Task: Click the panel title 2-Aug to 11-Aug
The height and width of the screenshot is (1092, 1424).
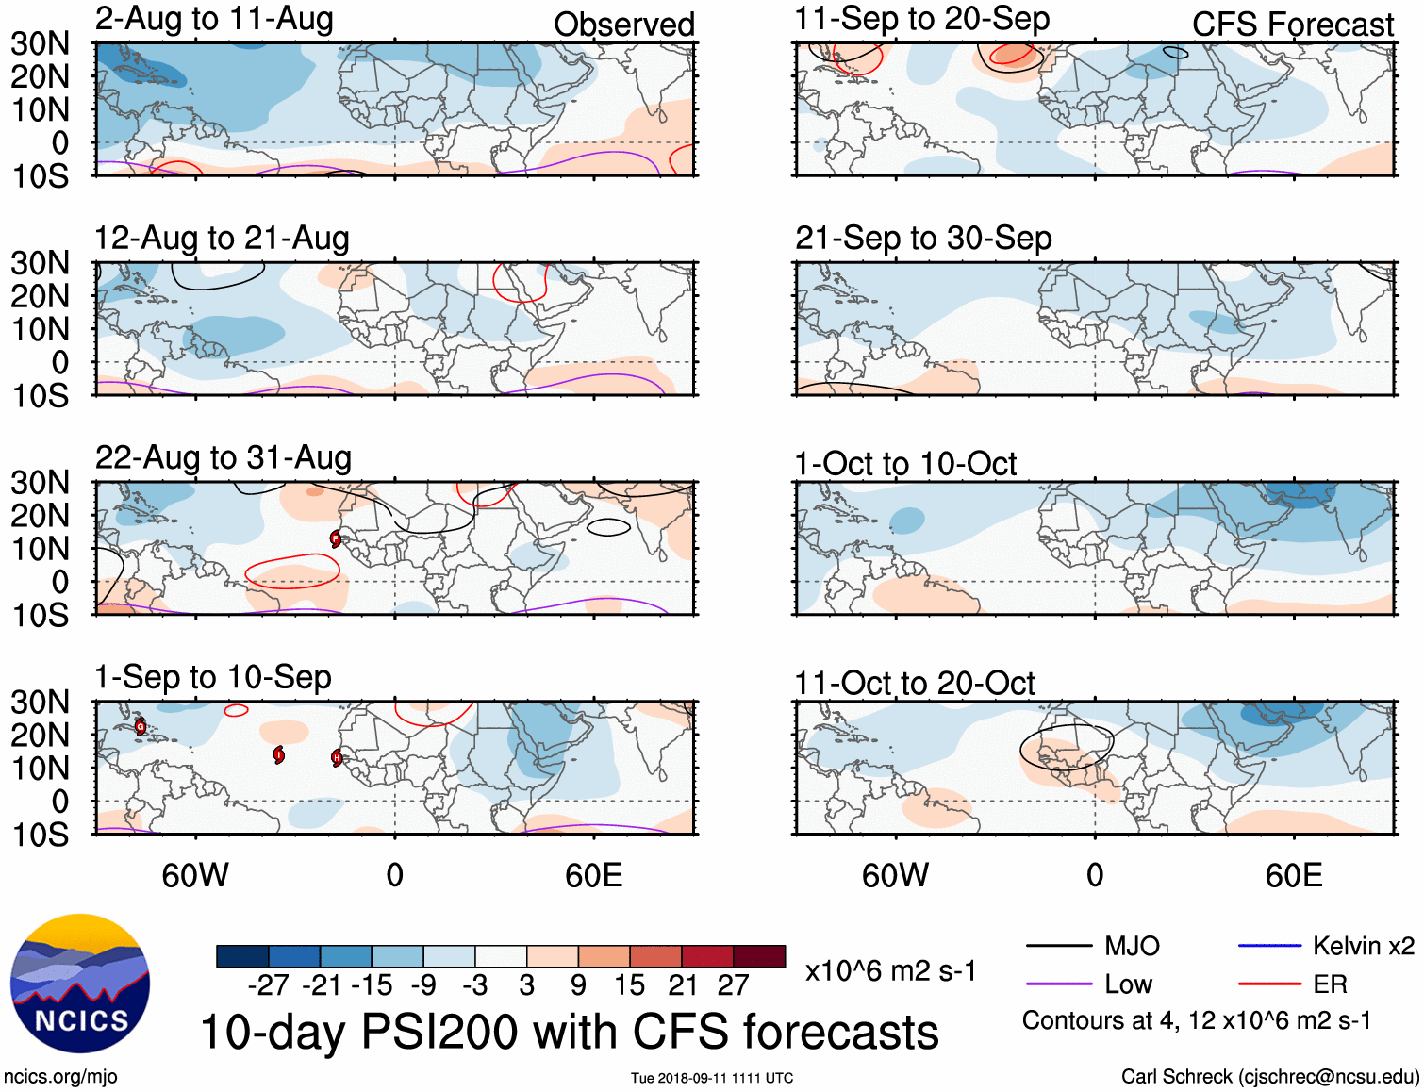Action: (x=214, y=19)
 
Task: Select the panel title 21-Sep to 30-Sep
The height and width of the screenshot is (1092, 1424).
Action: (x=923, y=239)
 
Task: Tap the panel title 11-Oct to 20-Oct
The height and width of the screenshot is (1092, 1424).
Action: (x=915, y=683)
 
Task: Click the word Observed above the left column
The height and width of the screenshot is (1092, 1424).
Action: (x=623, y=25)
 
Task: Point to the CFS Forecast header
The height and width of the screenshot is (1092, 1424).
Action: (x=1292, y=25)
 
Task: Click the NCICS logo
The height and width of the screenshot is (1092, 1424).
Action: (x=80, y=984)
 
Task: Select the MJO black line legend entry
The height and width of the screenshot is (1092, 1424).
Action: (x=1093, y=946)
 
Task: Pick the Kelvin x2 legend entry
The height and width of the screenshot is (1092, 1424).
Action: (x=1326, y=946)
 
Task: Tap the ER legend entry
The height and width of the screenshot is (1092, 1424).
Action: (x=1301, y=984)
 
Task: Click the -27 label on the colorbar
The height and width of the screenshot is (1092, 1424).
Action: (x=269, y=985)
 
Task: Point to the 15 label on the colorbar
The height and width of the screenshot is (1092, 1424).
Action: (x=629, y=985)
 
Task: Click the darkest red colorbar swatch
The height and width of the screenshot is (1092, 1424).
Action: (x=759, y=956)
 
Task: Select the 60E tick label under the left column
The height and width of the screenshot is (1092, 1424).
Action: (x=593, y=875)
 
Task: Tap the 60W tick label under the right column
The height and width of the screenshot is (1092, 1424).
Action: (x=895, y=875)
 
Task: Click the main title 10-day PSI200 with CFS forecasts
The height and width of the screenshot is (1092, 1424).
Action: (x=570, y=1032)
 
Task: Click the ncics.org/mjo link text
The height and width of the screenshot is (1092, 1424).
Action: (x=60, y=1077)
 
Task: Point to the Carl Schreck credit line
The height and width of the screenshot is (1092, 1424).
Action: (x=1269, y=1077)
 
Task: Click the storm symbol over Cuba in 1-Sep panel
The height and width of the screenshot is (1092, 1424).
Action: (x=141, y=726)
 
